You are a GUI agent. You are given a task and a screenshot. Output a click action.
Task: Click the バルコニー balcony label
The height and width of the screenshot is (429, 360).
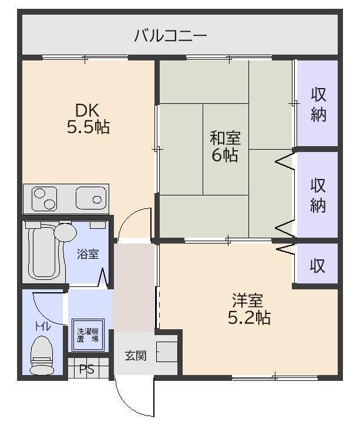click(x=170, y=36)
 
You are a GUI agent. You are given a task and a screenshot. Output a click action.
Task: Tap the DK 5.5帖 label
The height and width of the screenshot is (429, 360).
click(x=88, y=119)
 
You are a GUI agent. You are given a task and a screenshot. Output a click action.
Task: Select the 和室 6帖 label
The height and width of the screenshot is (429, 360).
click(x=225, y=146)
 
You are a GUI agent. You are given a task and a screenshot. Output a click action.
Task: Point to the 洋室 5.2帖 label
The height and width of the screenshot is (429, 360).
click(x=249, y=309)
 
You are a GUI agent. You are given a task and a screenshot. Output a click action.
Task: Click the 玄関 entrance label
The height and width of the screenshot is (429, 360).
click(x=136, y=356)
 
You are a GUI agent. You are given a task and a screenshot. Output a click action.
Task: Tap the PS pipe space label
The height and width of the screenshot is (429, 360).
click(x=87, y=369)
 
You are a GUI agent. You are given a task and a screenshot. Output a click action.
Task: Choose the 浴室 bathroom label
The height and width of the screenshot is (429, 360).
click(x=88, y=254)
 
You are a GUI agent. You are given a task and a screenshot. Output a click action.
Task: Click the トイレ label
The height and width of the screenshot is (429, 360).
click(x=42, y=326)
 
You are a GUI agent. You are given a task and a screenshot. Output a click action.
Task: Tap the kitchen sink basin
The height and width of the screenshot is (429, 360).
click(x=91, y=198)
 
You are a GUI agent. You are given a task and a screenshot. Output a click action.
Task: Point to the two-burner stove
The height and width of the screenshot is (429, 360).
click(x=45, y=198)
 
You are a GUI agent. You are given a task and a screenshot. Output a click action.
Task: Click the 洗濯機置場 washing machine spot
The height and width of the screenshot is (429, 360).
click(x=88, y=335)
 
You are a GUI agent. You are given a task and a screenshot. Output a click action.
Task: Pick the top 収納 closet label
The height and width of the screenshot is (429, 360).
click(x=318, y=104)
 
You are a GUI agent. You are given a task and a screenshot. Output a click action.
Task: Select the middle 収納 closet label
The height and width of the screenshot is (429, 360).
click(x=318, y=195)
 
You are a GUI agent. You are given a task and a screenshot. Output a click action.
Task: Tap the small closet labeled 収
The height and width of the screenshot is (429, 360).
click(x=318, y=265)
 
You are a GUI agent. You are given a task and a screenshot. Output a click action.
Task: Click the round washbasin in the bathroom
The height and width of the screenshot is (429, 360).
click(x=65, y=232)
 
